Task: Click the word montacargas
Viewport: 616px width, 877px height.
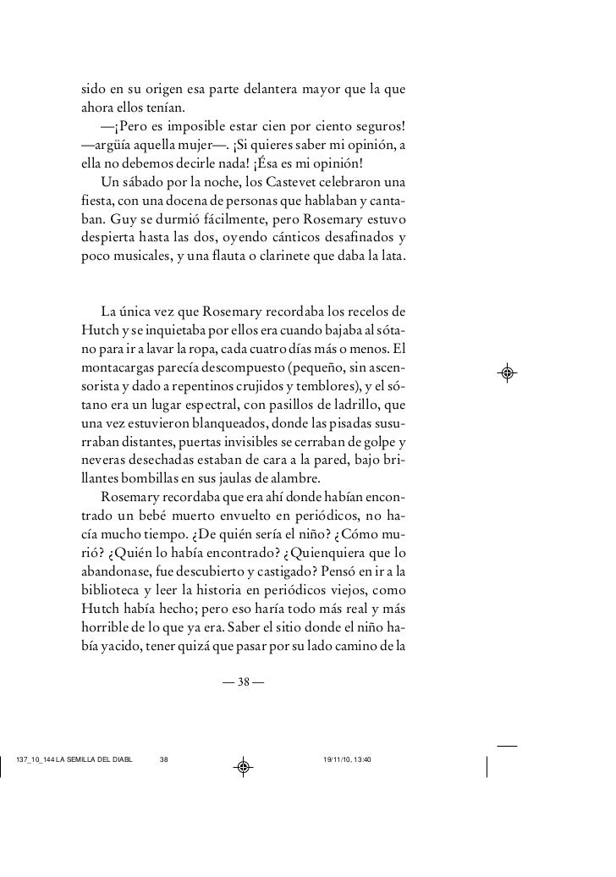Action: pyautogui.click(x=115, y=369)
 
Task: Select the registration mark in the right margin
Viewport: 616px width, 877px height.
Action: pyautogui.click(x=508, y=372)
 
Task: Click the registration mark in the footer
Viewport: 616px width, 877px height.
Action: pyautogui.click(x=243, y=767)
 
